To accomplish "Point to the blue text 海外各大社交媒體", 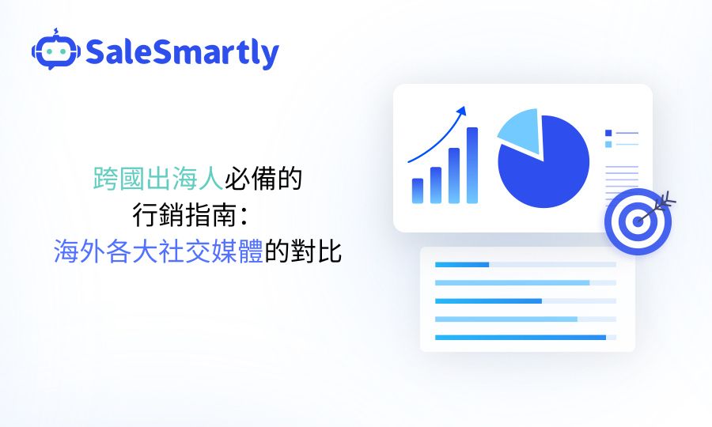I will (158, 251).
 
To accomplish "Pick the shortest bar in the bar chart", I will (418, 191).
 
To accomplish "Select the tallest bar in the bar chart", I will (472, 165).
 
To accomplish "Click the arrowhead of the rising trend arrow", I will (461, 111).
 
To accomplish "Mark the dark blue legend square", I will (608, 133).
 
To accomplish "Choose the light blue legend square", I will (608, 144).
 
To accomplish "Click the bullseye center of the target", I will (638, 221).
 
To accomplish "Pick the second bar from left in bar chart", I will (436, 185).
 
